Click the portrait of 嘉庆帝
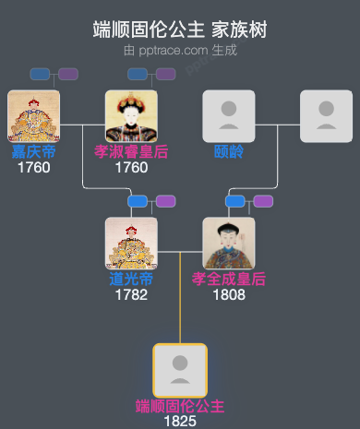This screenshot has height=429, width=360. click(x=33, y=115)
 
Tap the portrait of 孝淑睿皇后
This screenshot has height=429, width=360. click(x=131, y=115)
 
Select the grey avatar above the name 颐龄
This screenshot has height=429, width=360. click(x=229, y=115)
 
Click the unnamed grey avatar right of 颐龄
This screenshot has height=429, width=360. click(x=326, y=115)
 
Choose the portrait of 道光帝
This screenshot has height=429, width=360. click(x=131, y=243)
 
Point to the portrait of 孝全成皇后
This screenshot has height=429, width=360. click(x=229, y=243)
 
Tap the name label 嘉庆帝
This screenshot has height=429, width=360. click(x=33, y=151)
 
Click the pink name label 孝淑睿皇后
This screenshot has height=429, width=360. click(x=131, y=151)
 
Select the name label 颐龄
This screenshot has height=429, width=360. click(x=229, y=151)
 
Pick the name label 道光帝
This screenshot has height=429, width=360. click(x=131, y=279)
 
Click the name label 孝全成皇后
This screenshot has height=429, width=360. click(x=229, y=279)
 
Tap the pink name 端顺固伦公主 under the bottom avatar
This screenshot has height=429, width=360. click(x=180, y=406)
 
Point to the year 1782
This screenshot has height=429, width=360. click(x=131, y=295)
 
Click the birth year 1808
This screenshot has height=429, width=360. click(x=229, y=295)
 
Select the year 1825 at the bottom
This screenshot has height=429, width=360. click(x=180, y=422)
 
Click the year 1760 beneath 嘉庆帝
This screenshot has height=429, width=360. click(x=33, y=167)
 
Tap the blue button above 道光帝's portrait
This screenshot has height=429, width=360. click(x=138, y=201)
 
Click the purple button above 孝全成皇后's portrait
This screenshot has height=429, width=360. click(x=263, y=201)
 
